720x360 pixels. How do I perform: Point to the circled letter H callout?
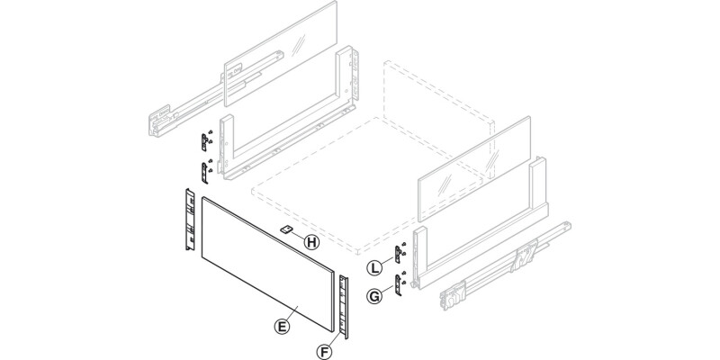coord(310,241)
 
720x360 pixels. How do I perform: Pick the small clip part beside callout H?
coord(286,230)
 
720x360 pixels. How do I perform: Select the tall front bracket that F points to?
coord(345,302)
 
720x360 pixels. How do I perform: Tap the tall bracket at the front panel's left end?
coord(189,219)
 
